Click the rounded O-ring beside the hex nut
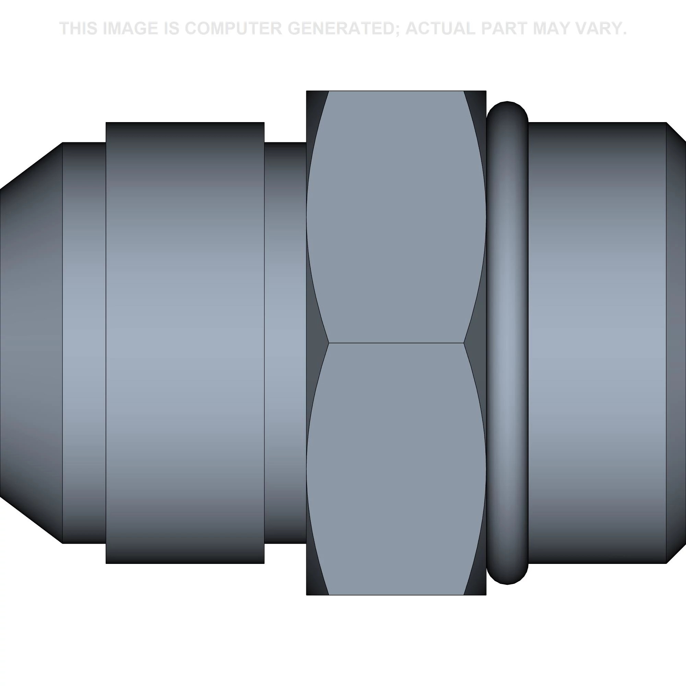[x=507, y=343]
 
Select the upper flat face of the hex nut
[x=396, y=216]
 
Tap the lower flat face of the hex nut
[x=396, y=469]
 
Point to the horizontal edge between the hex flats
[x=396, y=343]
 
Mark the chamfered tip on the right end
[x=676, y=343]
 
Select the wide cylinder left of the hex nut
[x=185, y=343]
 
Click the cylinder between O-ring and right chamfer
[x=596, y=343]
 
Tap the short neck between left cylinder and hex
[x=285, y=343]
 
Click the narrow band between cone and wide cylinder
[x=84, y=343]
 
